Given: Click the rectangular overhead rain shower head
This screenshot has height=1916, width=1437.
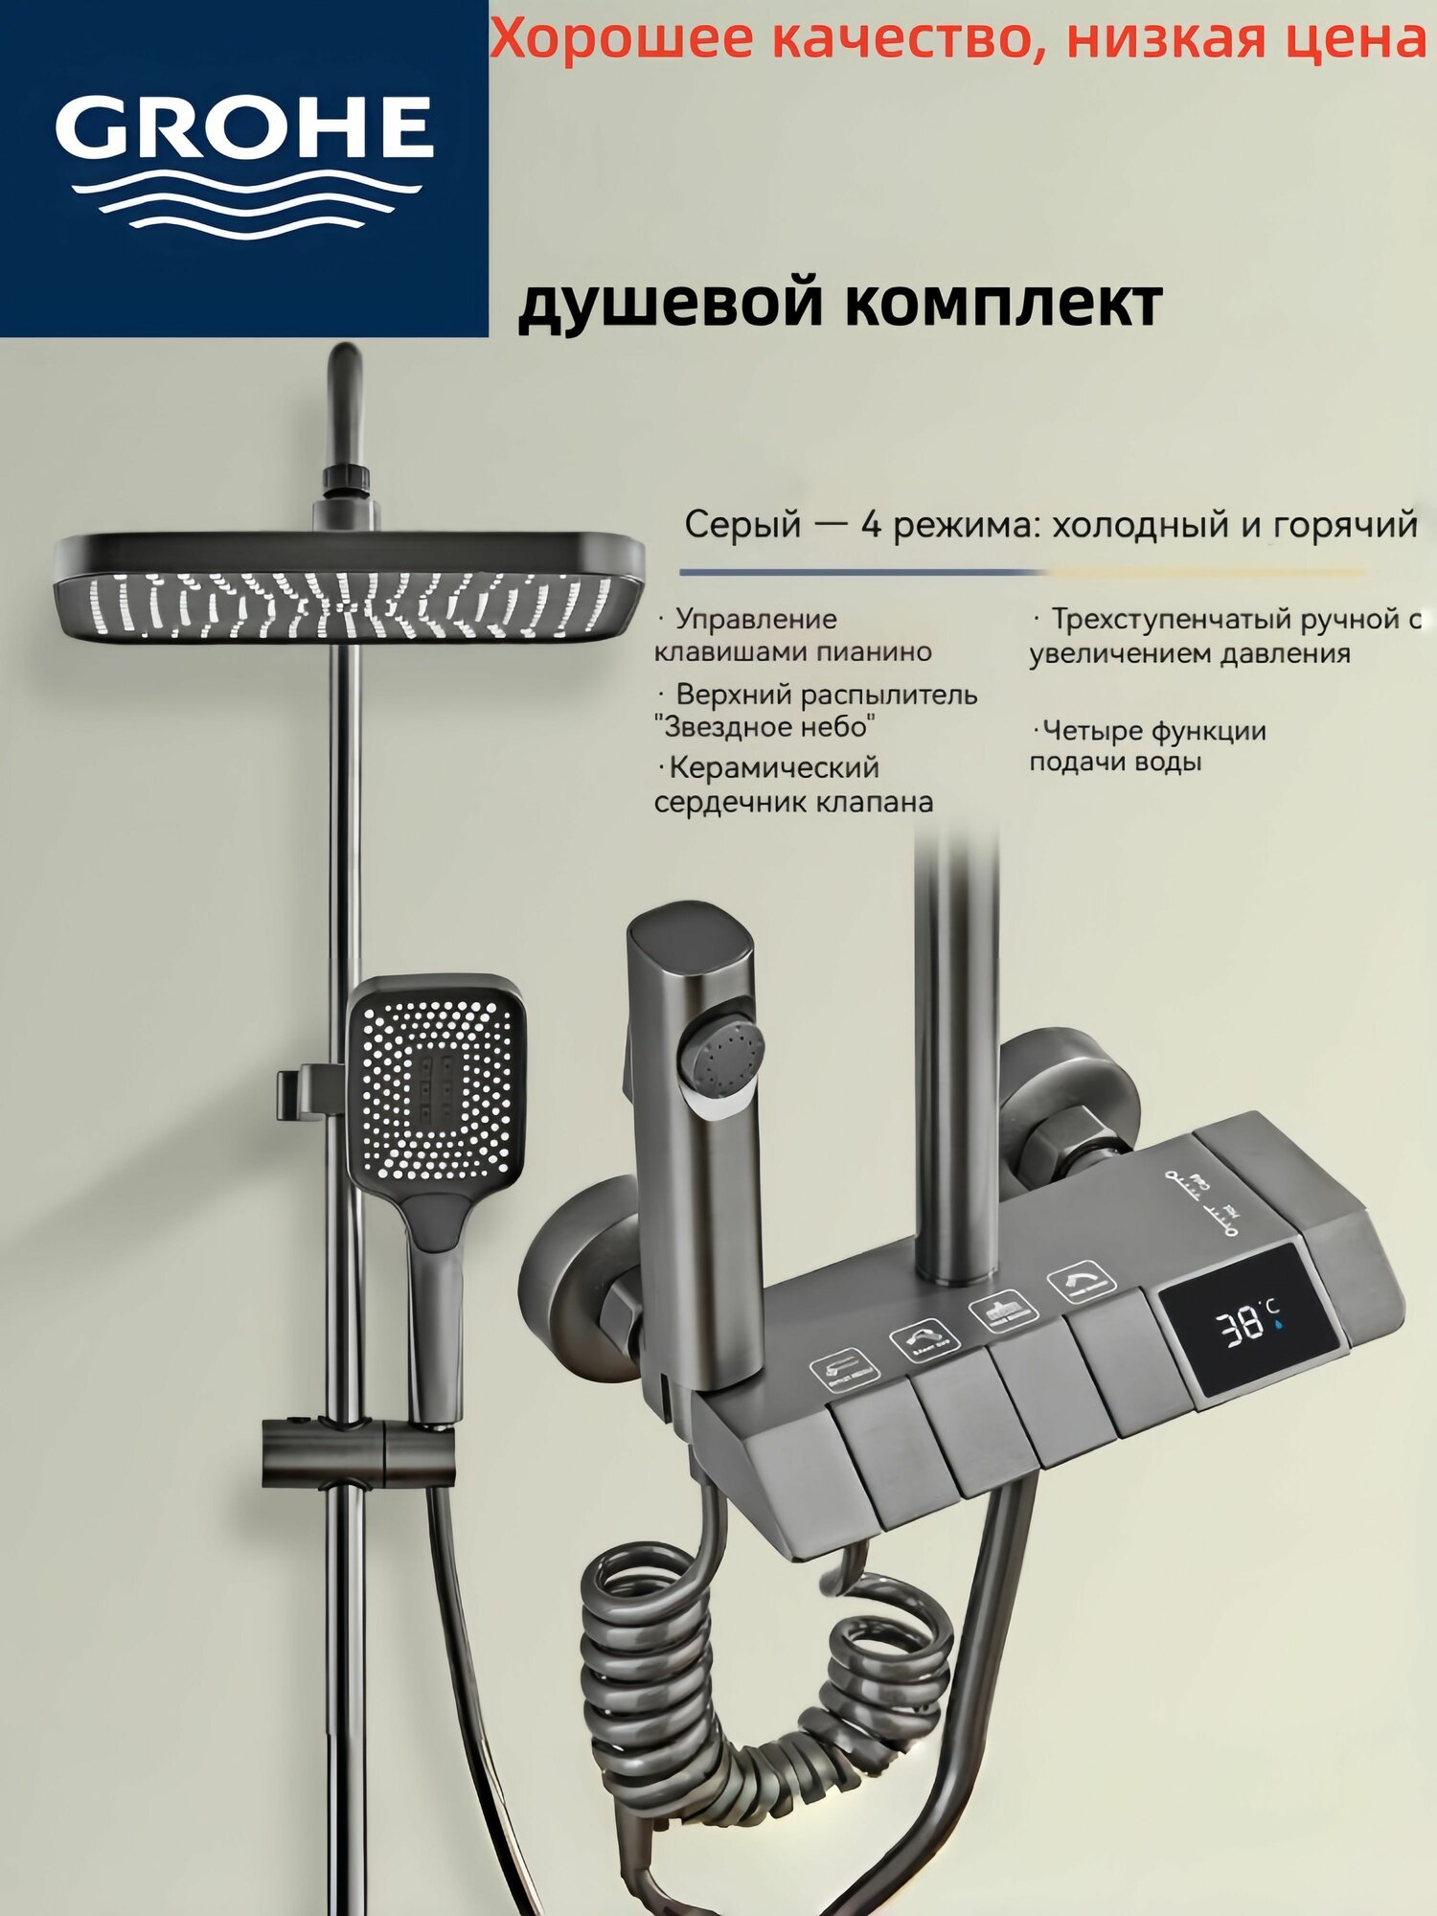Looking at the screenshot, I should pyautogui.click(x=350, y=586).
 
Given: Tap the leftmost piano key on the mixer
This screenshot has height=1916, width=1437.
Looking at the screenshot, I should pyautogui.click(x=877, y=1447).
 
